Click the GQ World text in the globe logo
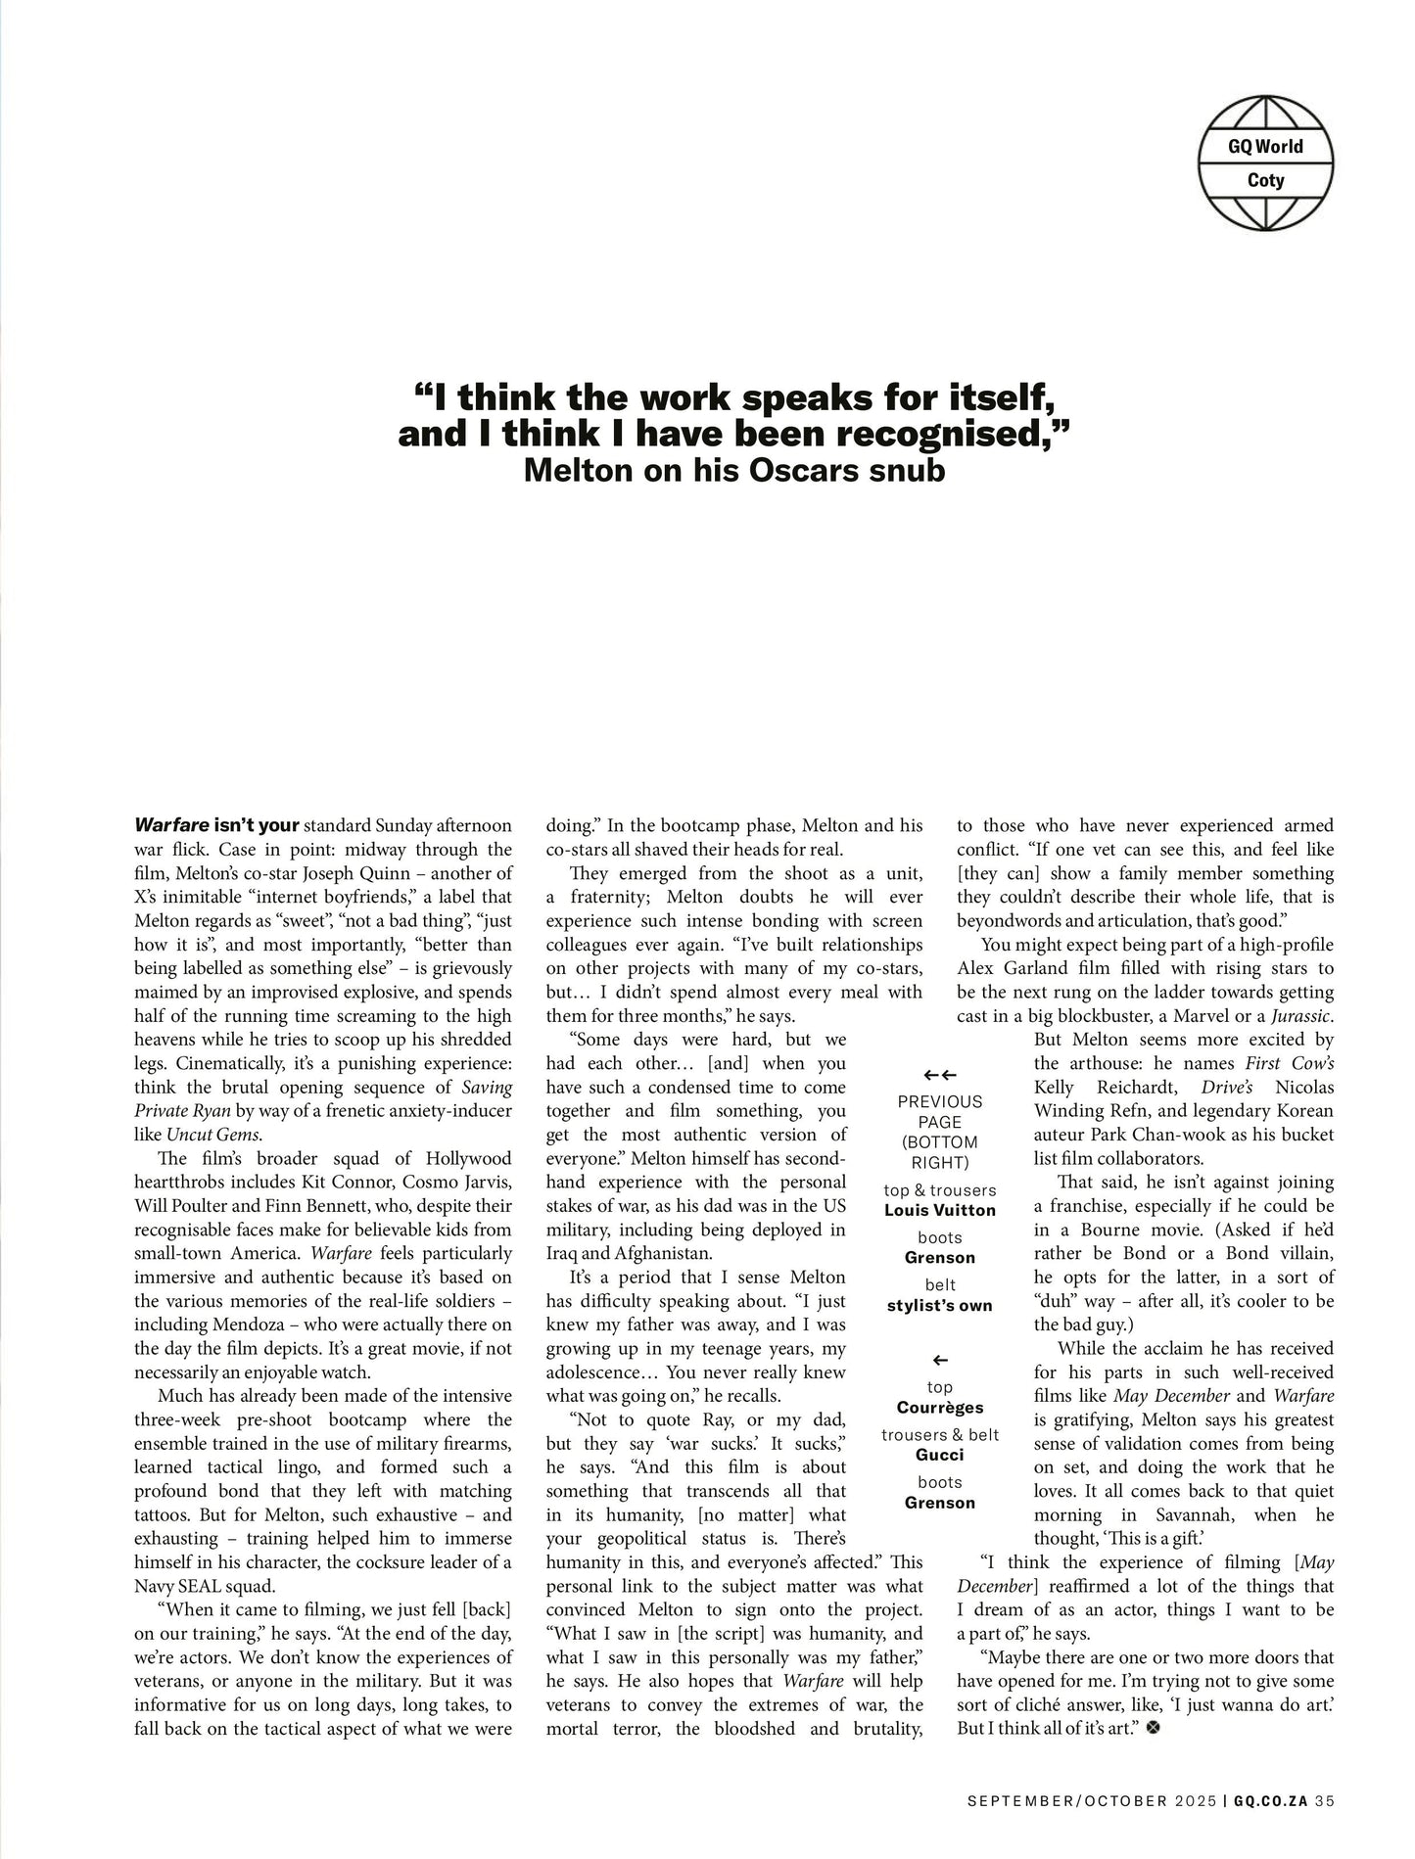pyautogui.click(x=1265, y=147)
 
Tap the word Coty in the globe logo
pyautogui.click(x=1265, y=180)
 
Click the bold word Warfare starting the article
pyautogui.click(x=171, y=825)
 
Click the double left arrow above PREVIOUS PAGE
pyautogui.click(x=939, y=1076)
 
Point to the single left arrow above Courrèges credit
pyautogui.click(x=939, y=1361)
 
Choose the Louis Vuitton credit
pyautogui.click(x=939, y=1210)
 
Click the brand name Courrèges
pyautogui.click(x=939, y=1408)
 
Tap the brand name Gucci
pyautogui.click(x=939, y=1455)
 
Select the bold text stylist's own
pyautogui.click(x=939, y=1305)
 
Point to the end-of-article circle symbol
pyautogui.click(x=1152, y=1729)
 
